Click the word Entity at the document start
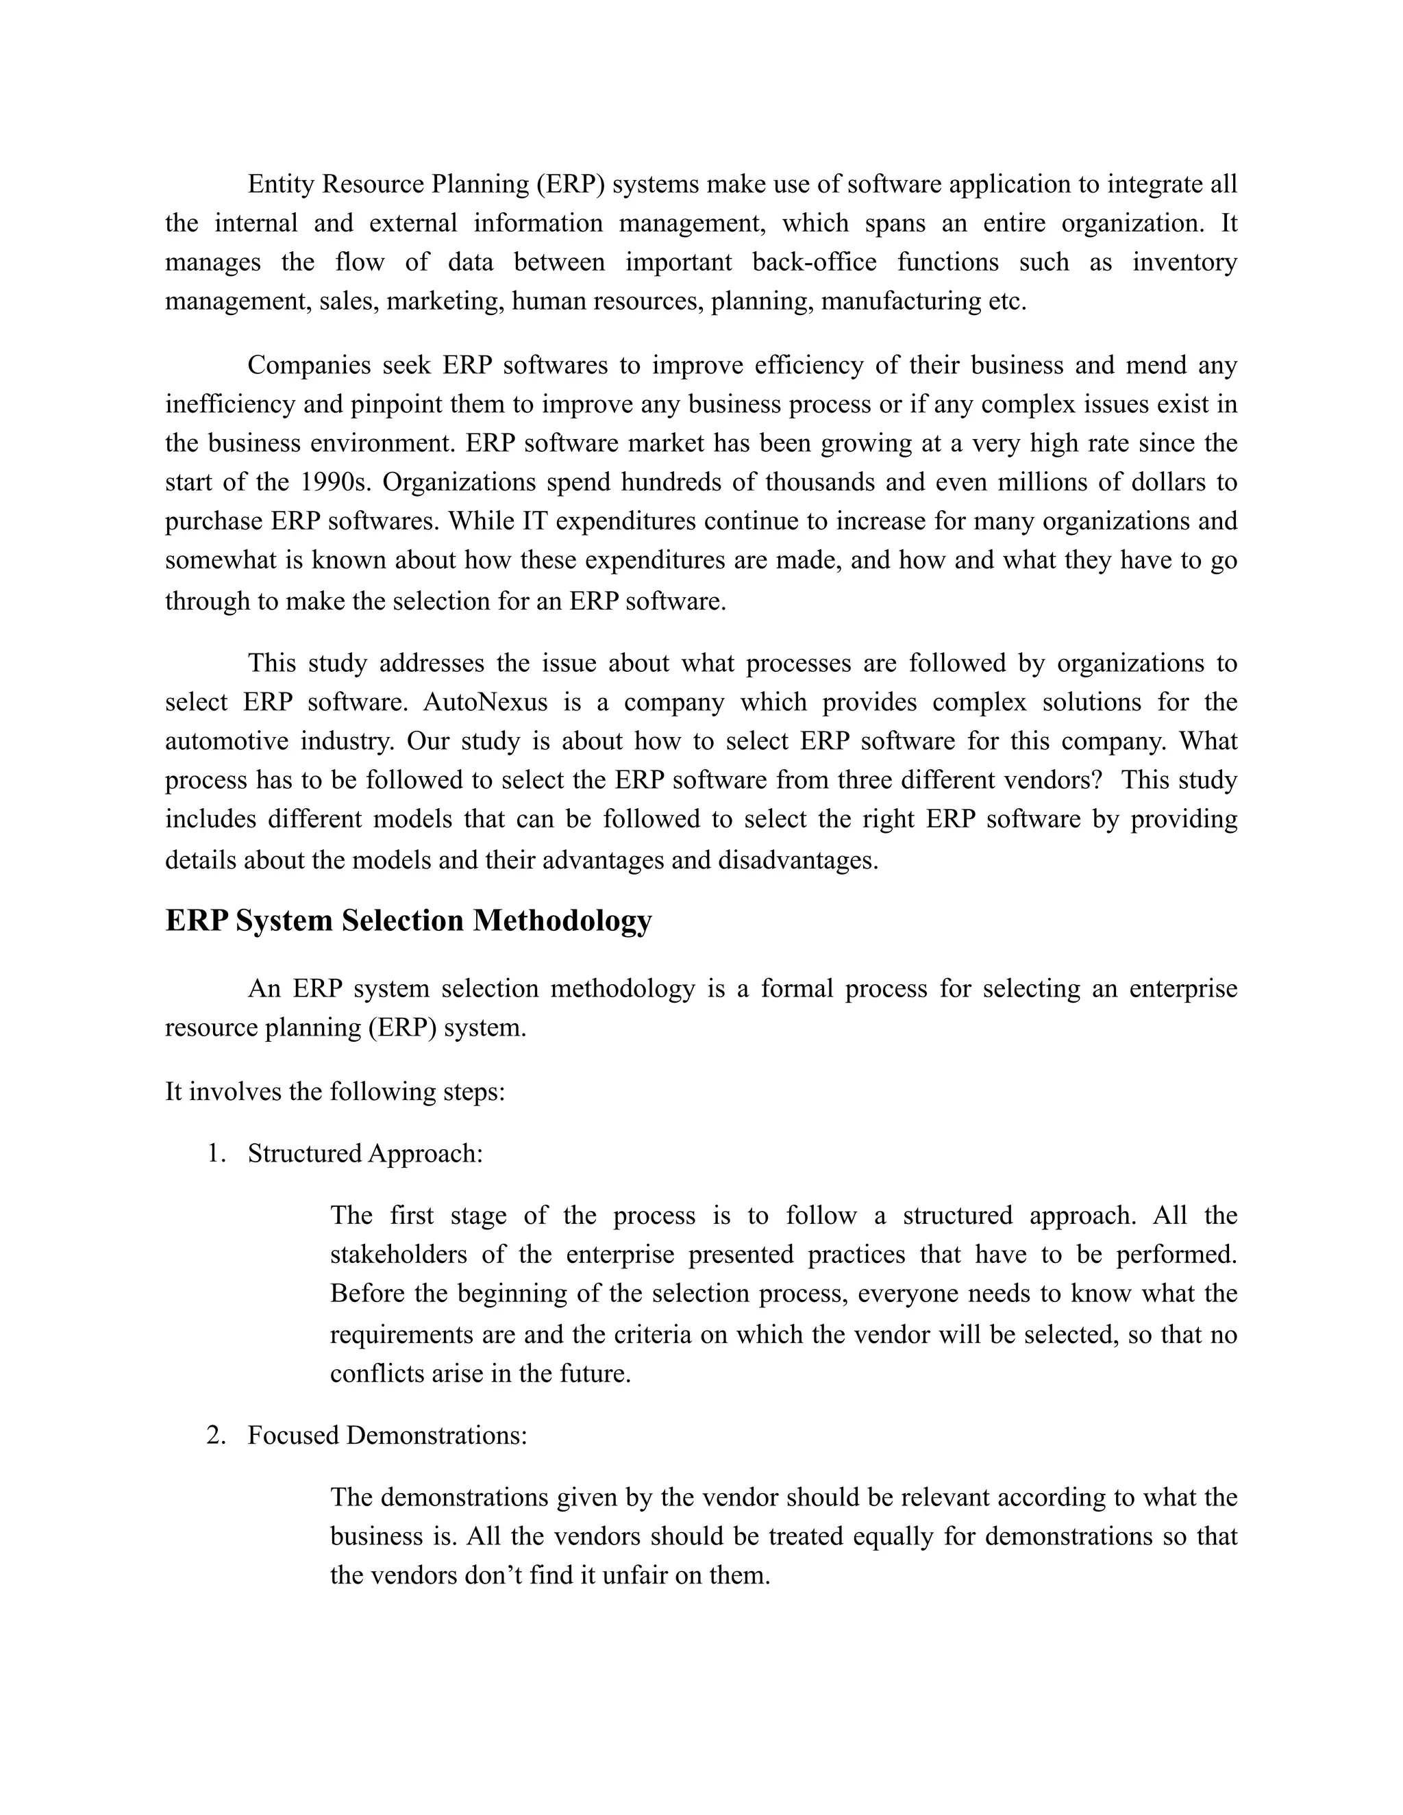click(281, 184)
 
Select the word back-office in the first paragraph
click(814, 262)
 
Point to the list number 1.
click(215, 1153)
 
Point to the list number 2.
click(215, 1435)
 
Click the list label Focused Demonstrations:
click(387, 1435)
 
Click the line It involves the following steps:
click(335, 1091)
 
